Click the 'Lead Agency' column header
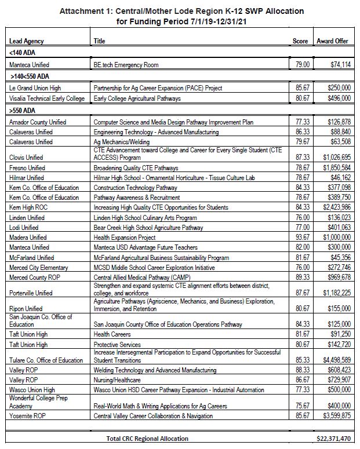point(27,41)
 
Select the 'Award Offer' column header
point(333,41)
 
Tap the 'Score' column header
point(300,41)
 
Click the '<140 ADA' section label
point(21,53)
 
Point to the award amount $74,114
point(339,65)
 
